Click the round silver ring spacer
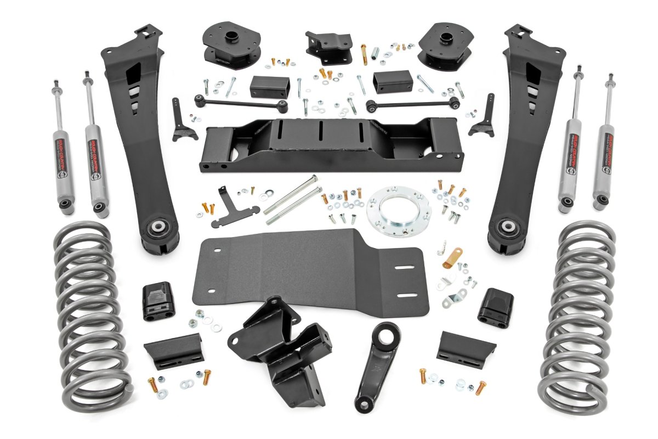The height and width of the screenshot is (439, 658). [x=399, y=212]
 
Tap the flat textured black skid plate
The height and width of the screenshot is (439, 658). [x=307, y=274]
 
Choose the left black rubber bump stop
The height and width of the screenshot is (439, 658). [x=158, y=302]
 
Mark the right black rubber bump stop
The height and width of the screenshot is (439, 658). [x=496, y=307]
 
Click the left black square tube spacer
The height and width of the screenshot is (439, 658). [x=269, y=86]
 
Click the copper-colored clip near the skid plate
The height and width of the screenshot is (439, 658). [x=453, y=257]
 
